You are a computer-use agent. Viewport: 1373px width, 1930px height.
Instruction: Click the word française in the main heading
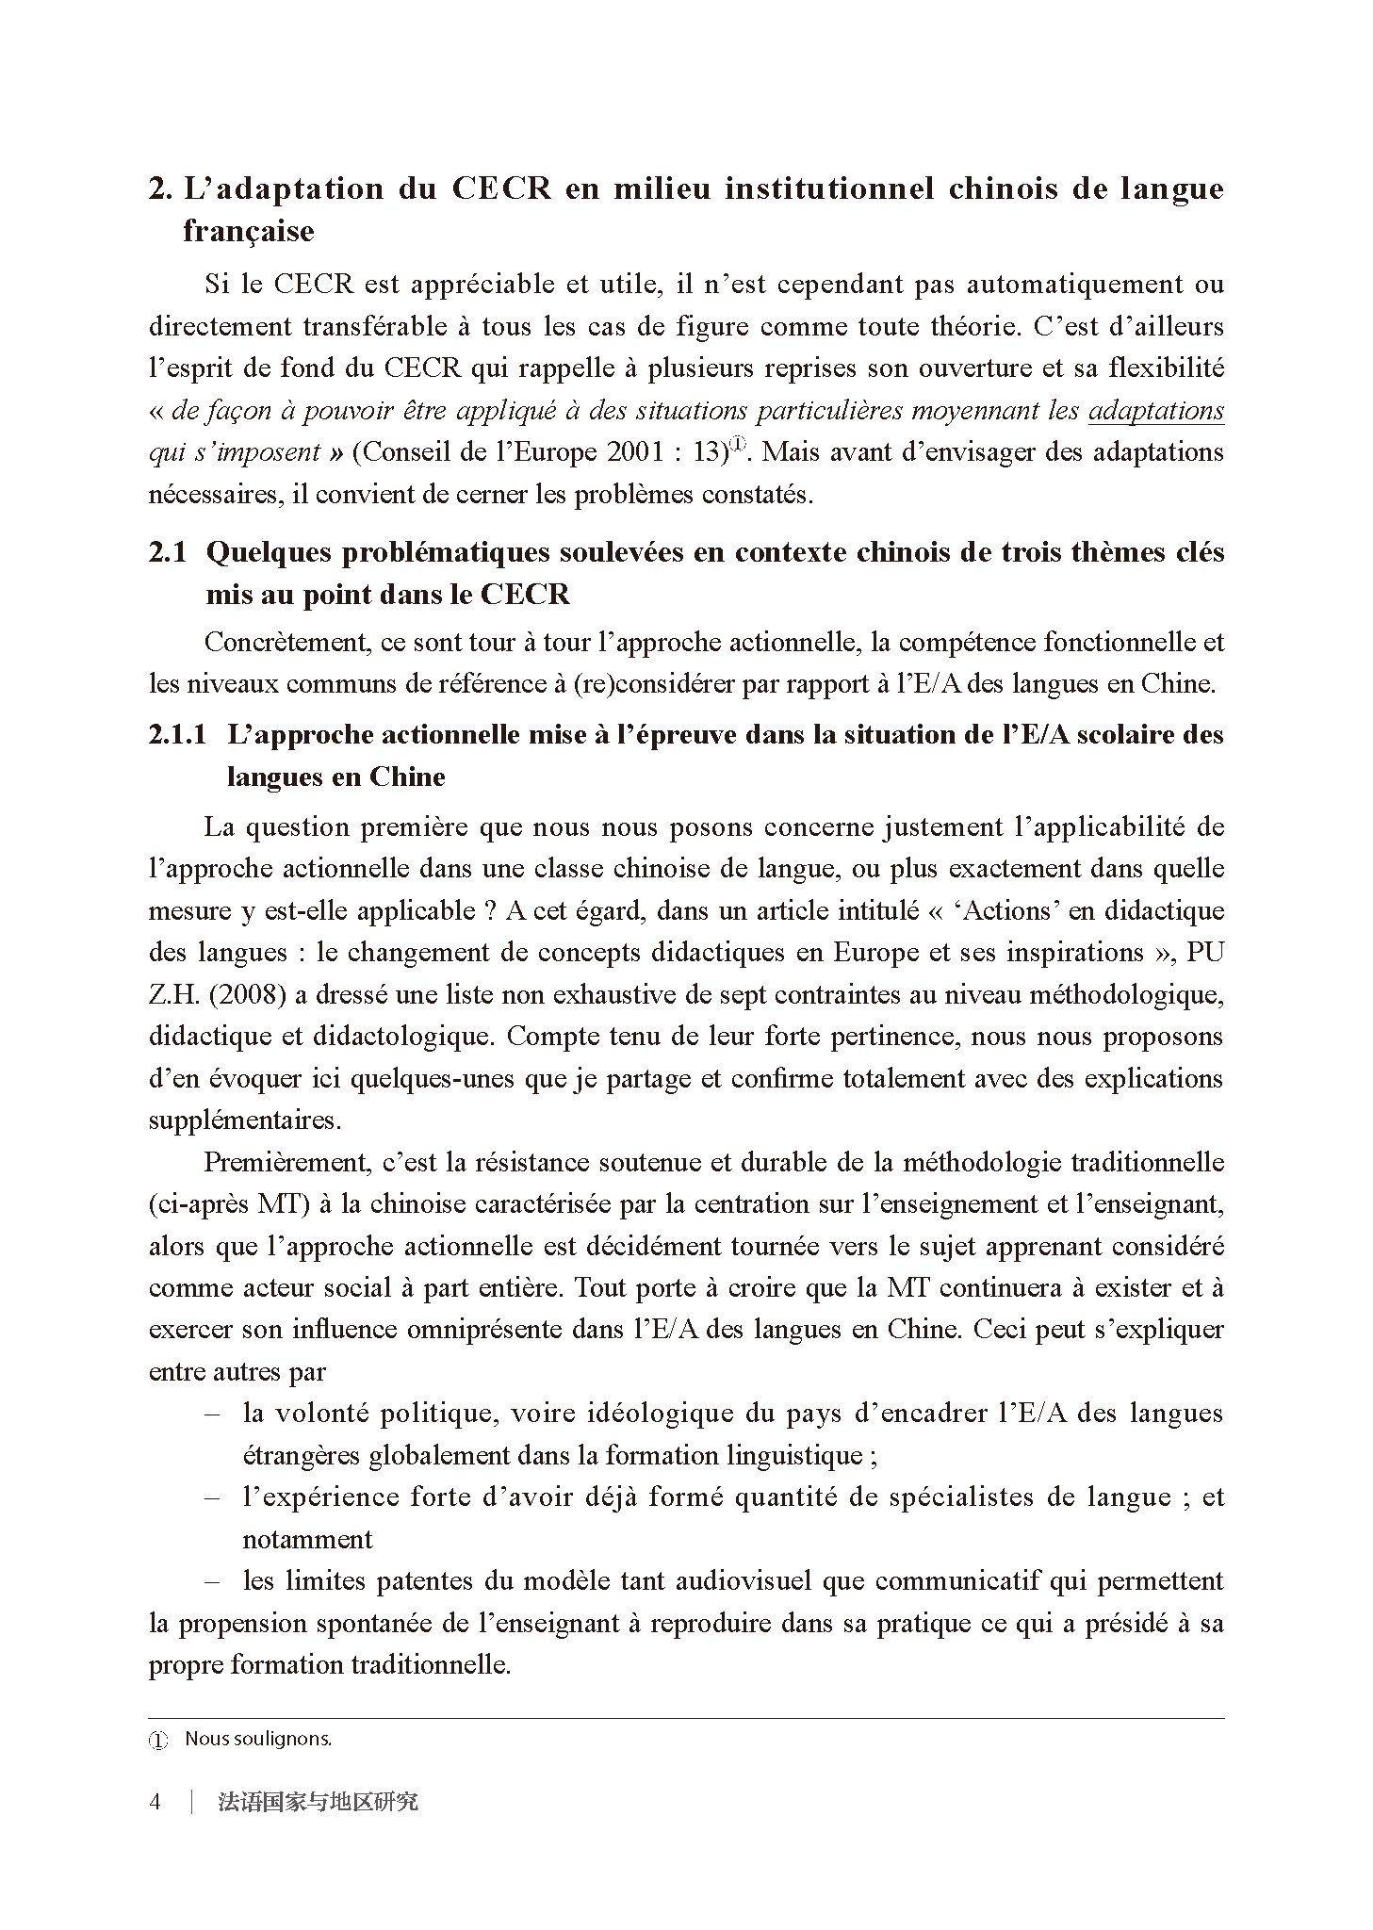[x=248, y=231]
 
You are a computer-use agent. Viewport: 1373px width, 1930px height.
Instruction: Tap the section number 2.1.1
[x=177, y=735]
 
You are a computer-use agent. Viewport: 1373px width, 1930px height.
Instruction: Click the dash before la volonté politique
[x=212, y=1414]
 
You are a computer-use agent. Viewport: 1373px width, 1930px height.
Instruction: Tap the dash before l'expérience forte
[x=212, y=1497]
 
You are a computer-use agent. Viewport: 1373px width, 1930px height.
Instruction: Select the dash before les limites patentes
[x=212, y=1581]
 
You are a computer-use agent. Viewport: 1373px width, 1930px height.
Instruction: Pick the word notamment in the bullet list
[x=307, y=1540]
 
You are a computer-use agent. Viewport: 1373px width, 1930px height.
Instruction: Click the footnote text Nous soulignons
[x=258, y=1740]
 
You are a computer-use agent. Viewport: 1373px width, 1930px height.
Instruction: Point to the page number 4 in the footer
[x=155, y=1802]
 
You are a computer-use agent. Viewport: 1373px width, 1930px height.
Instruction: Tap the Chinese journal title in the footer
[x=318, y=1802]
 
